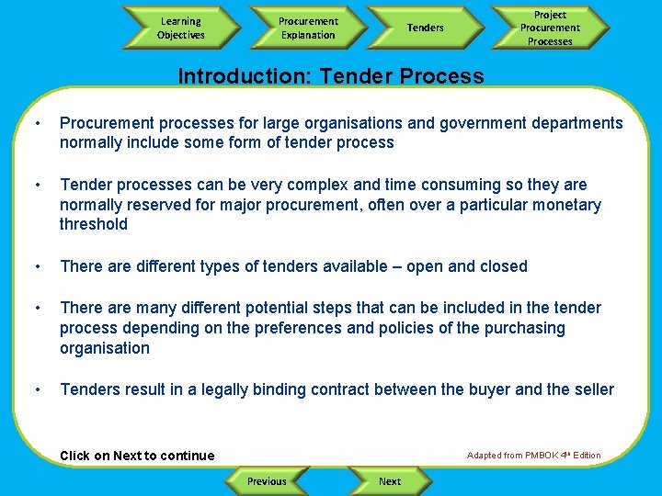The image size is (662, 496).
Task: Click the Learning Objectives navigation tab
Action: (x=181, y=28)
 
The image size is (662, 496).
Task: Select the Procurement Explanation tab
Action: (x=308, y=28)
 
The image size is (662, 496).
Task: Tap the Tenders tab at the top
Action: (x=425, y=28)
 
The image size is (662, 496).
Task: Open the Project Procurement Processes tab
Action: (x=550, y=28)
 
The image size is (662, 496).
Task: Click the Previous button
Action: (x=267, y=481)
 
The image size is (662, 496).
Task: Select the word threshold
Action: (x=94, y=224)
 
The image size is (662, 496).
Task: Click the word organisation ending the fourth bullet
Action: (x=105, y=348)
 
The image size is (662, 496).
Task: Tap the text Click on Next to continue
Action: (x=137, y=456)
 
